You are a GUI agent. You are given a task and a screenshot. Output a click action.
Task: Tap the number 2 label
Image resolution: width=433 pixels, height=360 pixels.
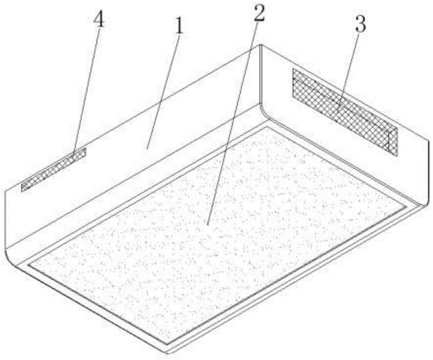tap(259, 13)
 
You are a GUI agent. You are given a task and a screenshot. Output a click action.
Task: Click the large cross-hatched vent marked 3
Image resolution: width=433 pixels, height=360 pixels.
tap(346, 112)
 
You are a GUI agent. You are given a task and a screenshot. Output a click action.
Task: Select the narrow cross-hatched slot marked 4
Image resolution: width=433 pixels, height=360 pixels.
tap(54, 169)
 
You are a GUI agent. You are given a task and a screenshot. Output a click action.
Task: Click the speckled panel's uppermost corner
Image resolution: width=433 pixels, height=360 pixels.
tap(266, 127)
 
